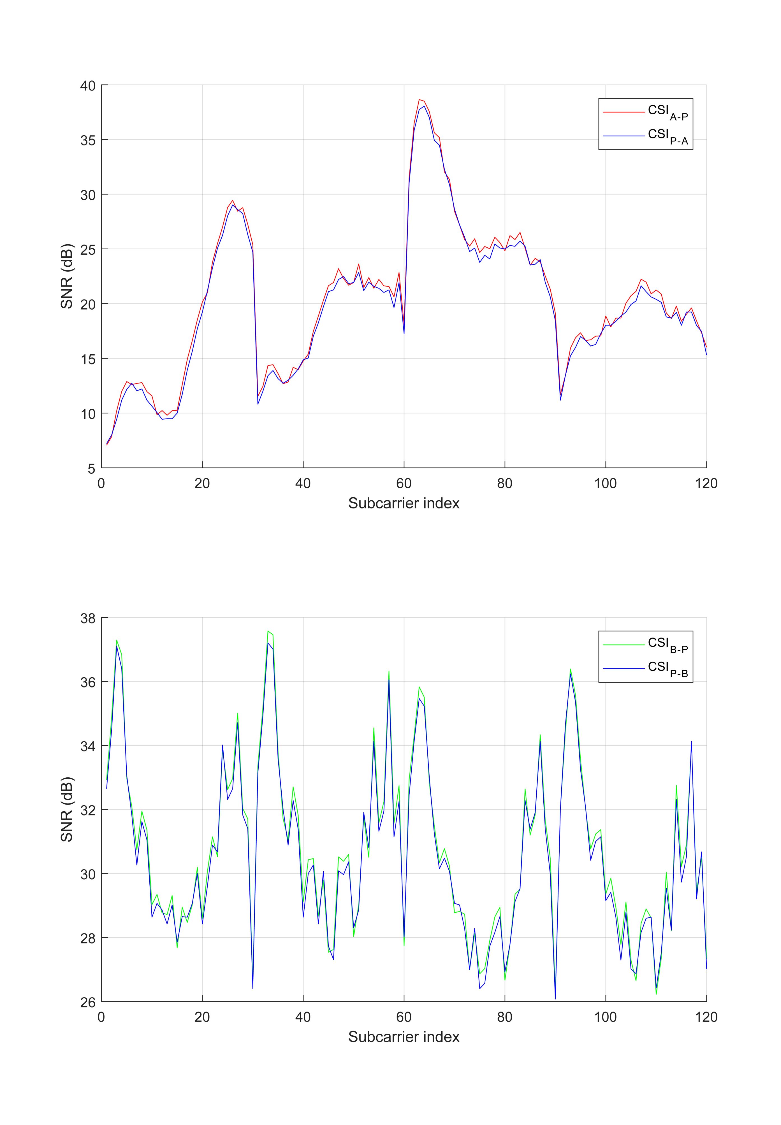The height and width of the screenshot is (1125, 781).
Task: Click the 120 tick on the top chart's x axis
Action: pyautogui.click(x=706, y=484)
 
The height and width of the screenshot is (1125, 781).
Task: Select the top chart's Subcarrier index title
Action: pyautogui.click(x=404, y=503)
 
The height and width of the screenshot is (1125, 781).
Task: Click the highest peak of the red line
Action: pyautogui.click(x=420, y=99)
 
